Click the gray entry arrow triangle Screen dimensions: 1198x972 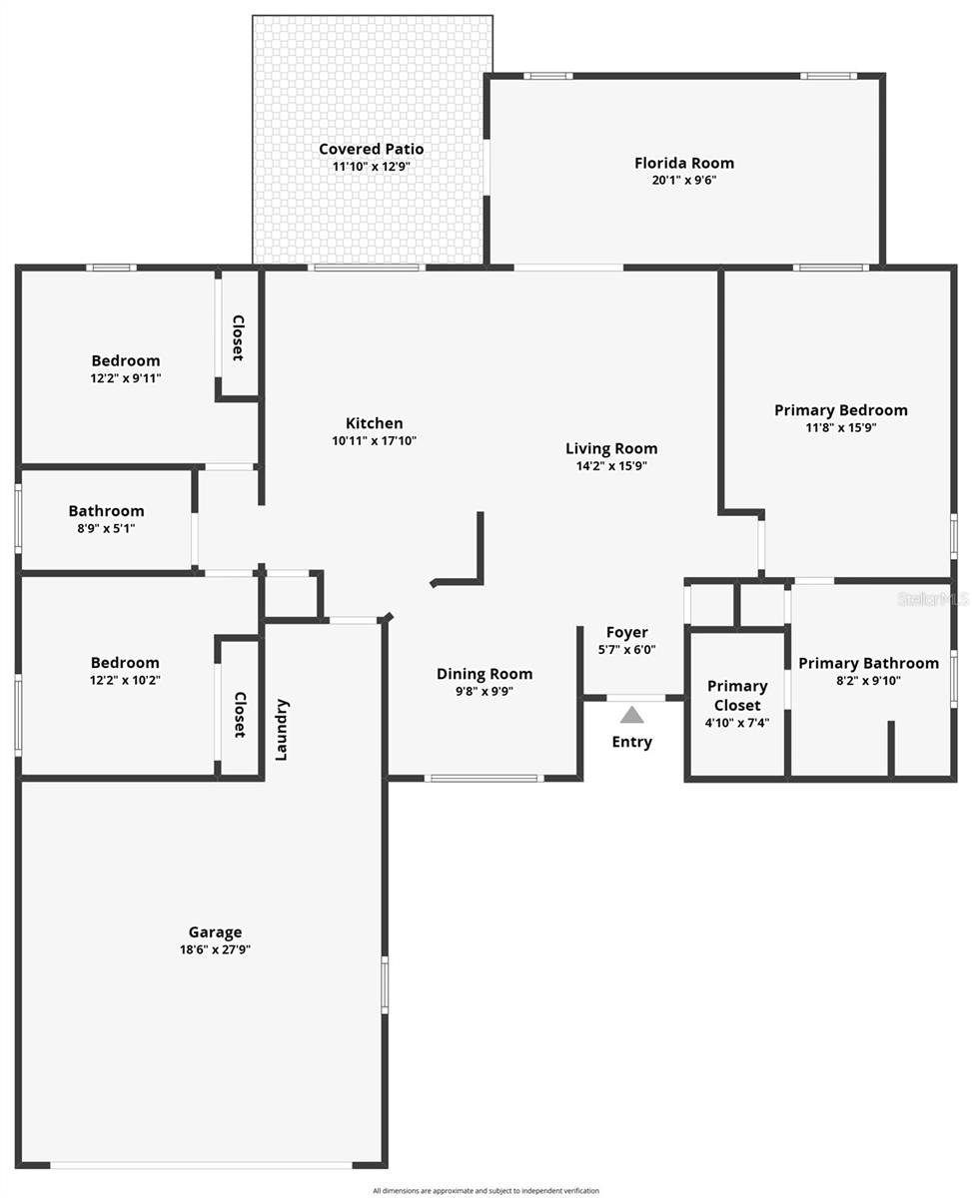click(x=631, y=715)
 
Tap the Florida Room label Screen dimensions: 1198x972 click(x=684, y=163)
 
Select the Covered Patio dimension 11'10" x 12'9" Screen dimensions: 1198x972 click(x=372, y=167)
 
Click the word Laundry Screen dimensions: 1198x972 click(x=282, y=730)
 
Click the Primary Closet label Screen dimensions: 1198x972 click(x=737, y=695)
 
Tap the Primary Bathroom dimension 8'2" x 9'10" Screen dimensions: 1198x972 click(x=868, y=681)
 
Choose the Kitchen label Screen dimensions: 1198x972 click(x=375, y=423)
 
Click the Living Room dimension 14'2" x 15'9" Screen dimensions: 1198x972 click(x=611, y=465)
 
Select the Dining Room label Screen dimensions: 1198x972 click(x=485, y=674)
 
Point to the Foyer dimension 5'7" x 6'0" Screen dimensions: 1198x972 click(x=627, y=649)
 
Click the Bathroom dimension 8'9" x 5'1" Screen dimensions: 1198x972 click(x=106, y=528)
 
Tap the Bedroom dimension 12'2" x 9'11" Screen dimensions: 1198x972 click(x=126, y=378)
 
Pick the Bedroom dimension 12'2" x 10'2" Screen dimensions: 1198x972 click(x=125, y=680)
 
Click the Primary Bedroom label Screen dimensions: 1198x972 click(x=841, y=410)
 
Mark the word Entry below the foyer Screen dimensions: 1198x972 click(x=631, y=742)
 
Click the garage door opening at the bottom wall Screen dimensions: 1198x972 click(x=200, y=1164)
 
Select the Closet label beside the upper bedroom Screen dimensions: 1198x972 click(x=239, y=337)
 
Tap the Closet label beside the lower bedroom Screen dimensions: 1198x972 click(x=240, y=715)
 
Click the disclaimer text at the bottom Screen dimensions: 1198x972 click(x=486, y=1190)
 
